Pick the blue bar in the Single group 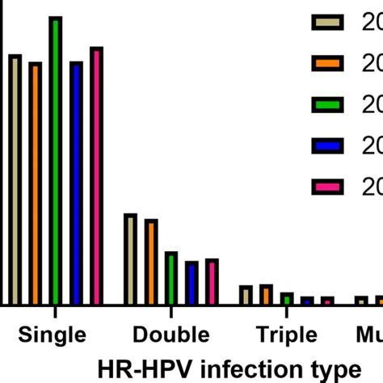[x=76, y=183]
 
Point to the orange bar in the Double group [x=151, y=262]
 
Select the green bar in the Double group [x=171, y=278]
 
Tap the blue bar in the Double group [x=191, y=283]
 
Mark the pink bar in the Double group [x=212, y=282]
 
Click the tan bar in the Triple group [x=246, y=295]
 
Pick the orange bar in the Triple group [x=267, y=295]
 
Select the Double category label [x=170, y=335]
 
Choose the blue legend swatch [x=328, y=146]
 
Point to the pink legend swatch [x=328, y=187]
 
